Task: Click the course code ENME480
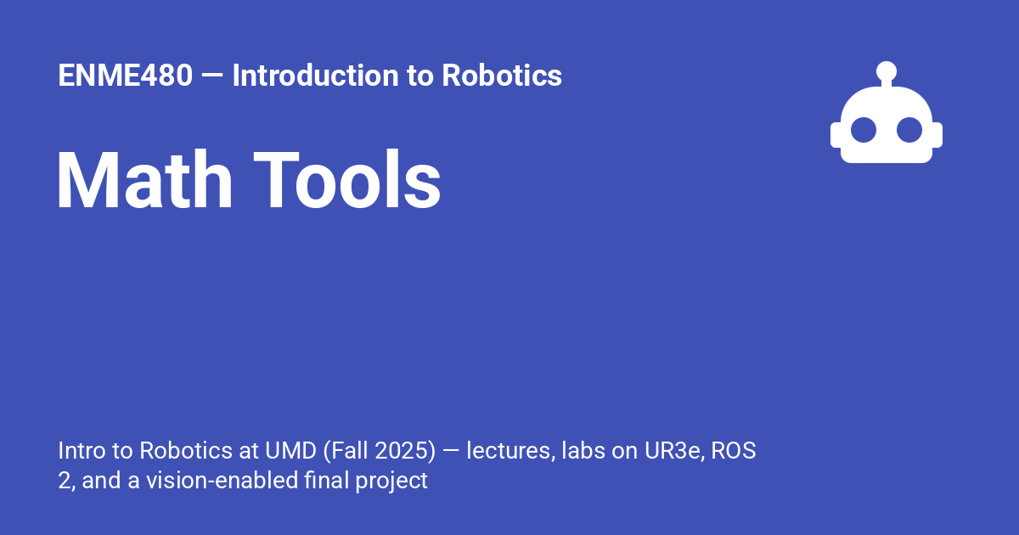[125, 76]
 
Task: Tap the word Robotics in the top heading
[501, 76]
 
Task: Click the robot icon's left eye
[864, 130]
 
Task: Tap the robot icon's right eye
[909, 130]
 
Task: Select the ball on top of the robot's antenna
[887, 70]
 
